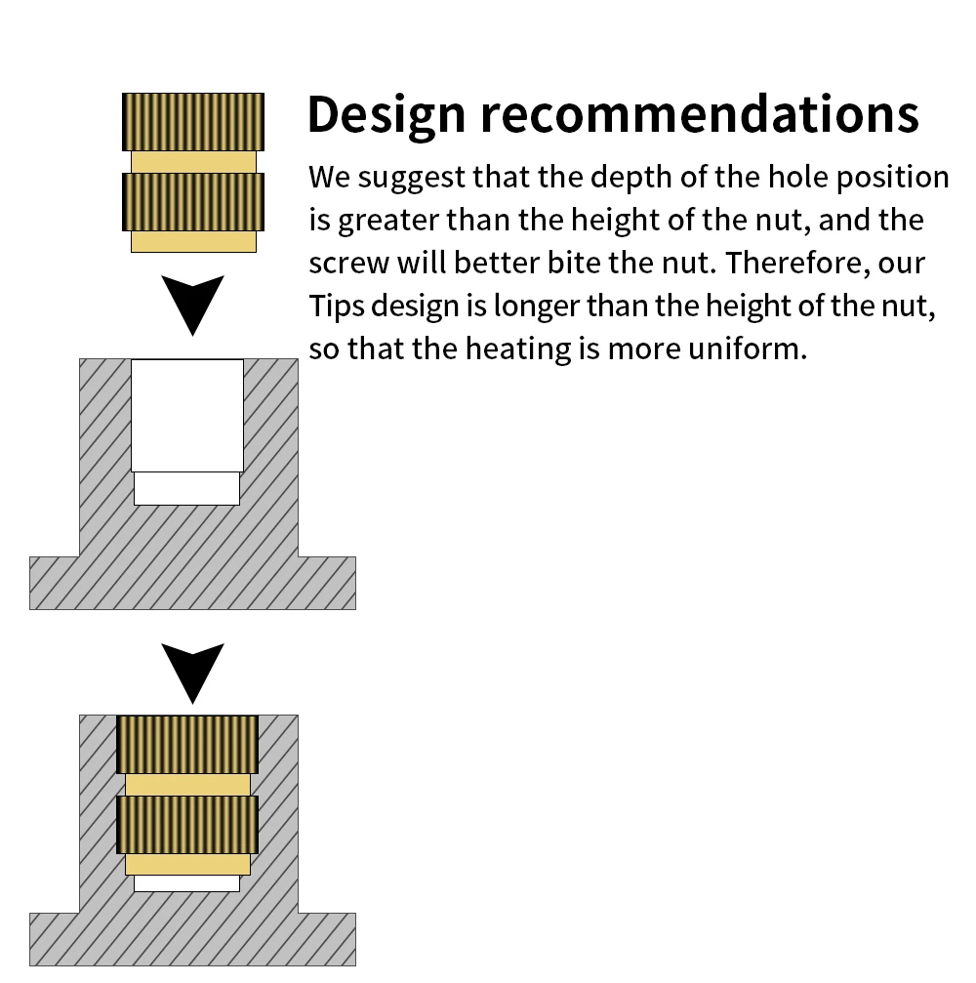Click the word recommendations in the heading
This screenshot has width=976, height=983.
699,115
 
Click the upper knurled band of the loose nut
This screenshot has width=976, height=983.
193,121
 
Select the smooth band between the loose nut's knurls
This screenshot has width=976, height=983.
193,161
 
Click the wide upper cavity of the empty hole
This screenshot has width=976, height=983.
187,416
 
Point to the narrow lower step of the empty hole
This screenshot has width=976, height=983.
186,488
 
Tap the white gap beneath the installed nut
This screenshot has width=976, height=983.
186,883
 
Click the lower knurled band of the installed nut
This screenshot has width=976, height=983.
187,825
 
